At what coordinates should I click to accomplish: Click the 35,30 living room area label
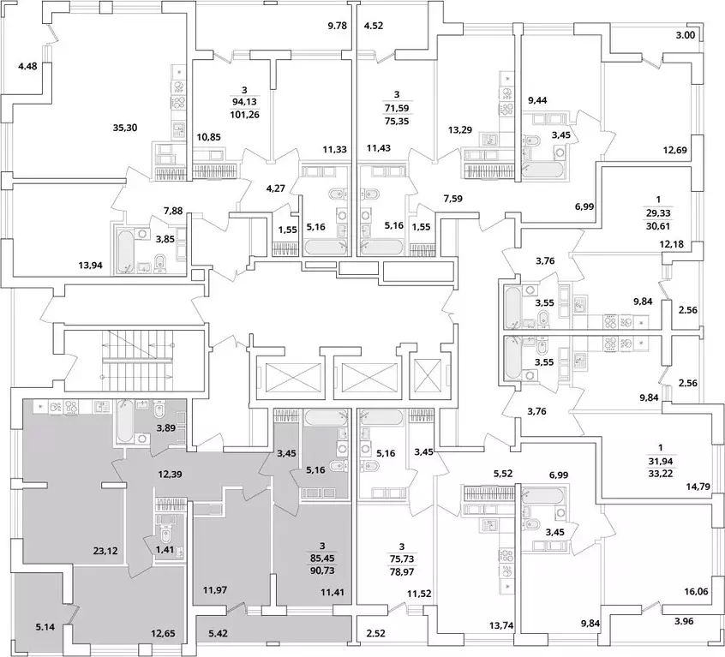tap(125, 128)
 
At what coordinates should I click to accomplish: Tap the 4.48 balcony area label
tap(27, 67)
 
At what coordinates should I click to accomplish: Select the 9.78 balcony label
tap(337, 26)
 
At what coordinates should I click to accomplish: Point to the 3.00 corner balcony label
tap(686, 35)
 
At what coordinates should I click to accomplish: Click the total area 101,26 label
tap(244, 114)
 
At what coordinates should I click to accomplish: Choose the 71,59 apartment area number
tap(396, 109)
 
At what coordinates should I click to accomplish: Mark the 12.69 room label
tap(674, 150)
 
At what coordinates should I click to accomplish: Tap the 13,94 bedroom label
tap(90, 266)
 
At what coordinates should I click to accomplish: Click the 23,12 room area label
tap(105, 551)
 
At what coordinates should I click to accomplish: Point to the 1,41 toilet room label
tap(166, 549)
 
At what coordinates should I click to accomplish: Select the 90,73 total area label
tap(323, 570)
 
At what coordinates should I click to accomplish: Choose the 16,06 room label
tap(695, 591)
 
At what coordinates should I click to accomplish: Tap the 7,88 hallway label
tap(173, 211)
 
